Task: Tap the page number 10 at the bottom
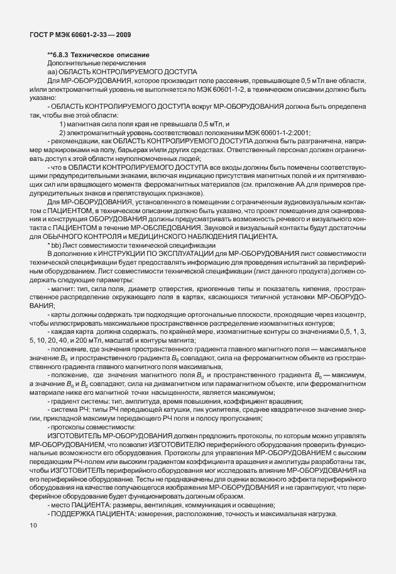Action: click(x=33, y=525)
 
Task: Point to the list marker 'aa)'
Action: click(x=52, y=73)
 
